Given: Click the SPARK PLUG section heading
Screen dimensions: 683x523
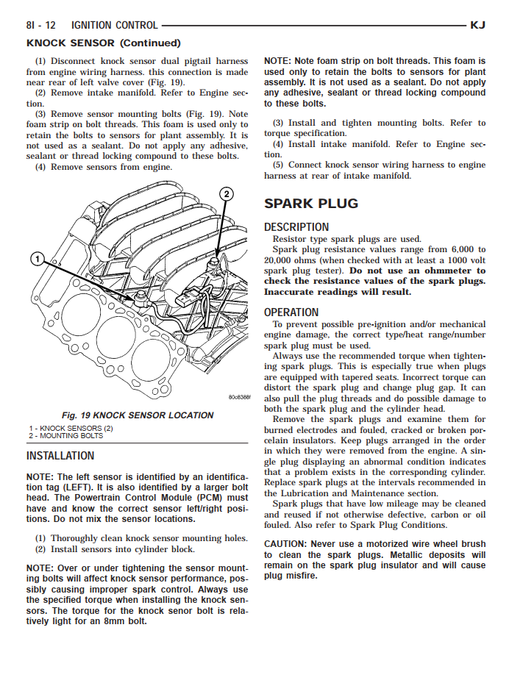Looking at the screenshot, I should click(x=311, y=204).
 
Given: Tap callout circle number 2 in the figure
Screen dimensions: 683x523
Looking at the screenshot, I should click(x=227, y=194).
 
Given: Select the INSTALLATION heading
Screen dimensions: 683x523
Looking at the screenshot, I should click(x=60, y=456).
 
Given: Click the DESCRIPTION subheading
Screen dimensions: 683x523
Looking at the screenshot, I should click(x=296, y=227).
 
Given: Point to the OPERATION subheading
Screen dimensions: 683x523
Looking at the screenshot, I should click(x=291, y=312).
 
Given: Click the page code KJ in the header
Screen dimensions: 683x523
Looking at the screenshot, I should click(x=477, y=25).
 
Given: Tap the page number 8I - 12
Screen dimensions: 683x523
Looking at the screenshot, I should click(x=41, y=25).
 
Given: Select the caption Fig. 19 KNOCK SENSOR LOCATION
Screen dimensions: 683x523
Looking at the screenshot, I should click(x=138, y=415).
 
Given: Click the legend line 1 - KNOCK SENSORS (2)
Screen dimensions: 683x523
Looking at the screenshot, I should click(x=71, y=428).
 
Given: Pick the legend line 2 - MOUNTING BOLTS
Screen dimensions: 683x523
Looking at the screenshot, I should click(x=66, y=435).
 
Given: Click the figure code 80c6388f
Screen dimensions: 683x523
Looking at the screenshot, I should click(x=239, y=398).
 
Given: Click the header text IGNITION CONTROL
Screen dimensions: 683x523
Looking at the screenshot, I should click(x=104, y=25).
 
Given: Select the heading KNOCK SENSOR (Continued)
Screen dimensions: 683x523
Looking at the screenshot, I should click(x=103, y=43).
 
